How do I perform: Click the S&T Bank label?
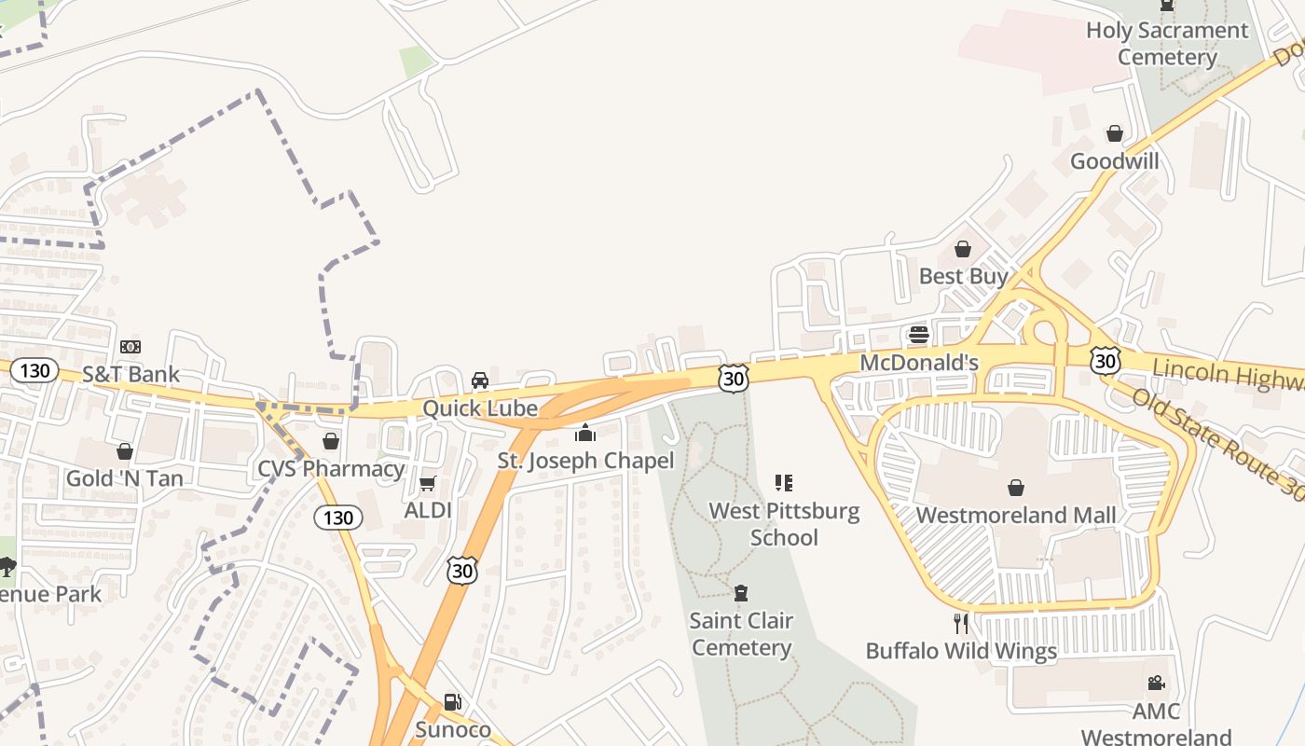(x=130, y=374)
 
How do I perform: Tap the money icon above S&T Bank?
(x=130, y=347)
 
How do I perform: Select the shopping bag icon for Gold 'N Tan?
(x=124, y=452)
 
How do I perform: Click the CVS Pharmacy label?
(x=331, y=468)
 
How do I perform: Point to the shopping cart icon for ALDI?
(x=428, y=483)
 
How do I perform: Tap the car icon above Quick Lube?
(x=480, y=380)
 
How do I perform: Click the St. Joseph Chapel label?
(x=585, y=461)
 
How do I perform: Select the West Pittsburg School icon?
(x=784, y=483)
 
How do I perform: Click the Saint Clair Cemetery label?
(x=742, y=634)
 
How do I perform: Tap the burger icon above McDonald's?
(x=919, y=335)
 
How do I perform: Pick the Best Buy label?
(x=963, y=276)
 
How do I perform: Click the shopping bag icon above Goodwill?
(x=1114, y=134)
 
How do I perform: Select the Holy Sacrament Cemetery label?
(x=1167, y=44)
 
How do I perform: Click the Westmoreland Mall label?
(x=1016, y=515)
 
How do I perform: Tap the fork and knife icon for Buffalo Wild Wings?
(x=961, y=623)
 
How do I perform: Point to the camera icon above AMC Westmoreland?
(x=1156, y=684)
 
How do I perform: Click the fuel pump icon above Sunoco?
(x=452, y=702)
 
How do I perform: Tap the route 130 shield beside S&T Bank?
(x=34, y=370)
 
